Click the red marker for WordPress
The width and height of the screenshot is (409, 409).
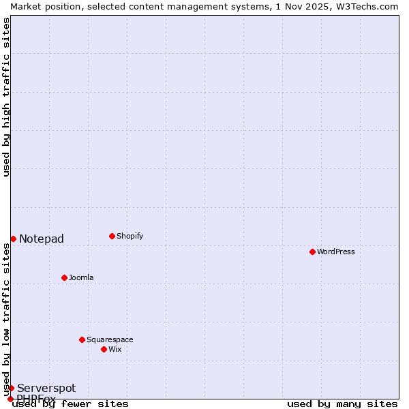(312, 252)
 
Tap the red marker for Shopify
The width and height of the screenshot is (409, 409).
(112, 236)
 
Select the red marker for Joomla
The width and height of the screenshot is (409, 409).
(64, 277)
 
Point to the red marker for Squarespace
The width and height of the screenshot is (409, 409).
(82, 339)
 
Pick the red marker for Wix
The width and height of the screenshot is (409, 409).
(104, 349)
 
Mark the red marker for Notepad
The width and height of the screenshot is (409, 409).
(13, 239)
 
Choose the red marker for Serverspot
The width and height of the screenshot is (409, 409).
(11, 388)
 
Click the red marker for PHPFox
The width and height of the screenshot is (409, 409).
(10, 399)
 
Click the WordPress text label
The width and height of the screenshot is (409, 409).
(336, 252)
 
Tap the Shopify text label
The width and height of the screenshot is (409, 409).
(130, 236)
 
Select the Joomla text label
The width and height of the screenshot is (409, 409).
(81, 277)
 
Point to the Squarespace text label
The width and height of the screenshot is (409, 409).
(110, 339)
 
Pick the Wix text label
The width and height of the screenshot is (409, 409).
(115, 349)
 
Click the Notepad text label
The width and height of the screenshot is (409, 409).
(42, 239)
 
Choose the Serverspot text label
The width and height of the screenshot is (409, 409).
(46, 388)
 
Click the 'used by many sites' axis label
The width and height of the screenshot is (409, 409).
(342, 404)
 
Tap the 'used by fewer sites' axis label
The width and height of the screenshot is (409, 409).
(71, 404)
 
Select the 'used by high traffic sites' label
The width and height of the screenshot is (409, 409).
(6, 97)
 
